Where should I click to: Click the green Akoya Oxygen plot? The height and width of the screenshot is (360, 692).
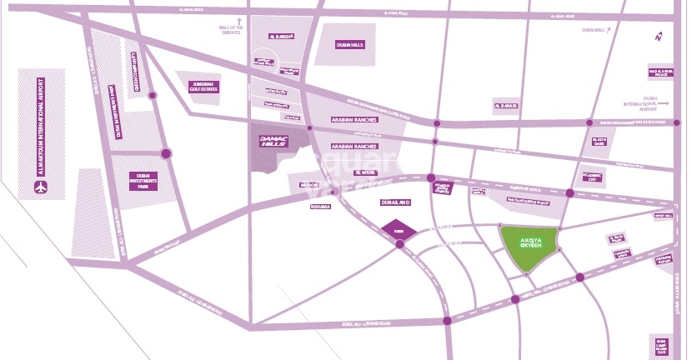[529, 248]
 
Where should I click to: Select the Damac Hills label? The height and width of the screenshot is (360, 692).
[273, 141]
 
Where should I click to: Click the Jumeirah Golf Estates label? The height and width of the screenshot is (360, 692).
[202, 86]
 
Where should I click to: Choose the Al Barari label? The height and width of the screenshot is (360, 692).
[506, 107]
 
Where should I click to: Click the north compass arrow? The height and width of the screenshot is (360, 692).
[659, 36]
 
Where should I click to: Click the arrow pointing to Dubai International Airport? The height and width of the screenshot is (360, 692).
[654, 108]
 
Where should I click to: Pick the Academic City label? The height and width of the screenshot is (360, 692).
[593, 177]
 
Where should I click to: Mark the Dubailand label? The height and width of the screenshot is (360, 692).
[395, 202]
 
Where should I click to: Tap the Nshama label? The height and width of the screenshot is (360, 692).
[320, 206]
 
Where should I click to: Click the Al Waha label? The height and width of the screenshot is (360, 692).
[365, 173]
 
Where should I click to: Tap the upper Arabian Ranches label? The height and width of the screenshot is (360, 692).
[354, 120]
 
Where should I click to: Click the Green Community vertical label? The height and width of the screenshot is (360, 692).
[135, 71]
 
